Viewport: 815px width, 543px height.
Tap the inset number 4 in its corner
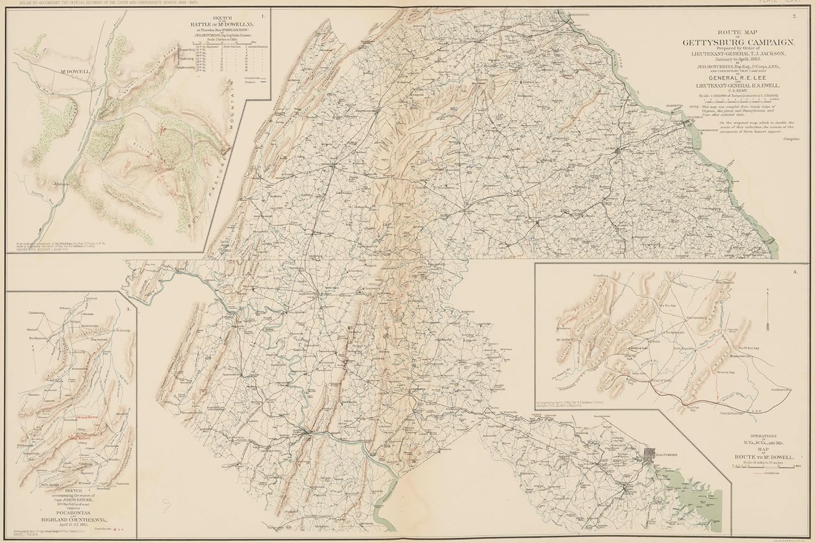795,271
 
